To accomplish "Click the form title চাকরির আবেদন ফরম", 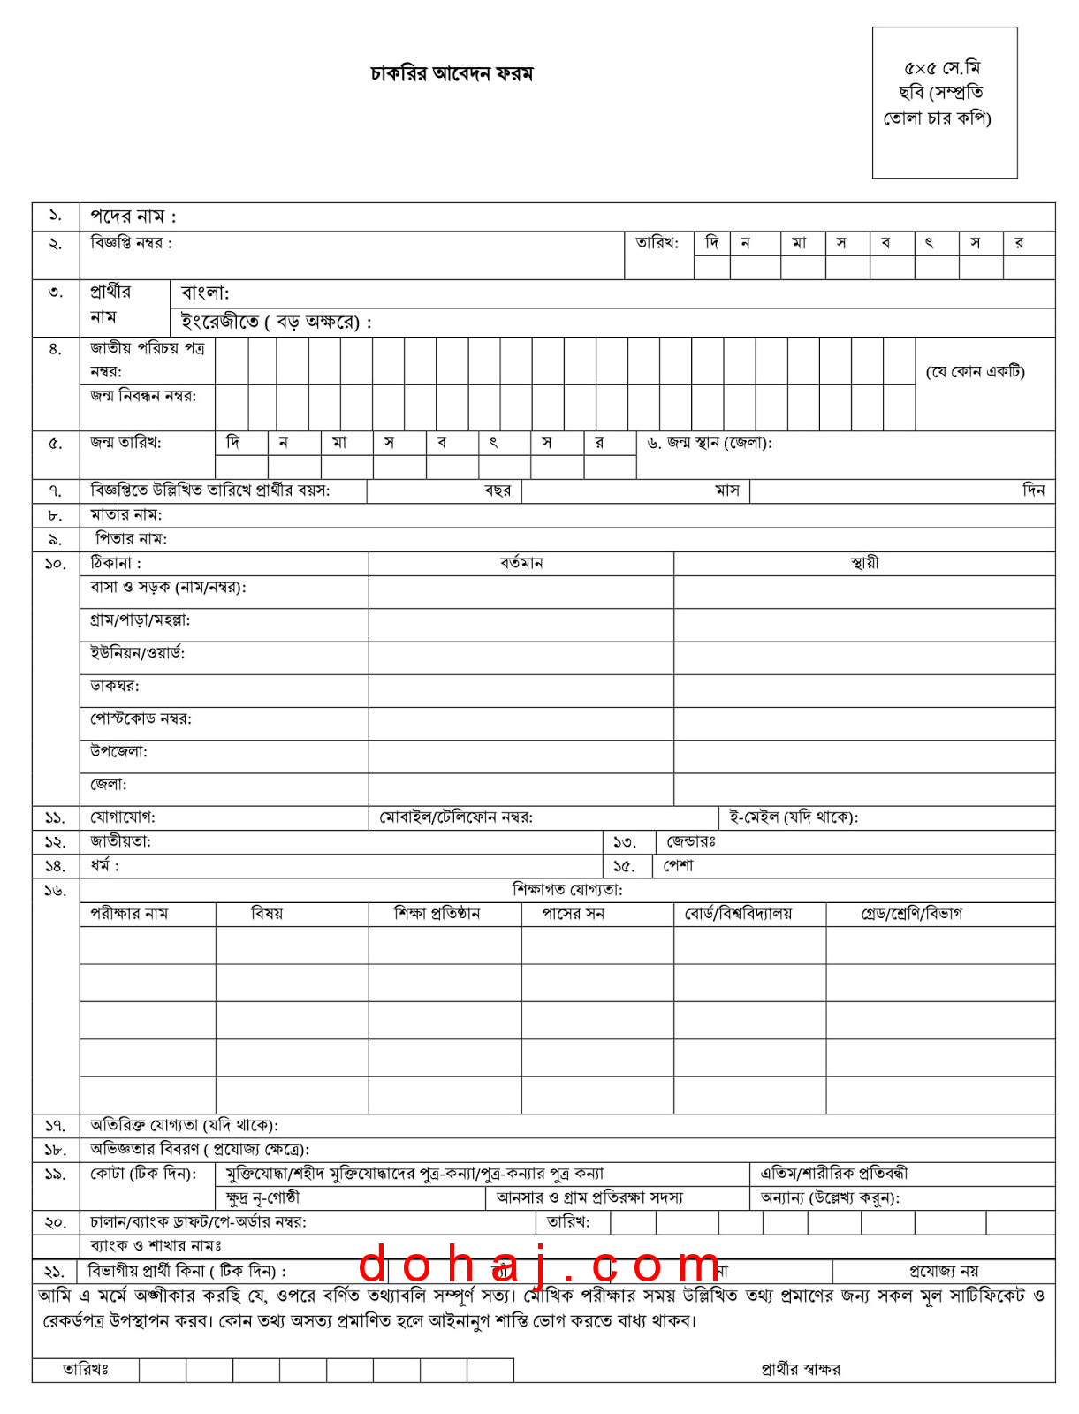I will (452, 73).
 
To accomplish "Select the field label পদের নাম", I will (133, 217).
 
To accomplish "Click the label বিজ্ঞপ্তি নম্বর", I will (131, 243).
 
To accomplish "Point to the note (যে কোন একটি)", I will (975, 372).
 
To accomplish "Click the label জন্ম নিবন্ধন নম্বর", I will (143, 396).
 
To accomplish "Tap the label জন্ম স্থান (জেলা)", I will (710, 443).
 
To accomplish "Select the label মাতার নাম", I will (126, 515).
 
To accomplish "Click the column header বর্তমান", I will (521, 564).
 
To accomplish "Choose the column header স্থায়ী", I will (864, 564).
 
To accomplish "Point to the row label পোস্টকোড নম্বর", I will (141, 719).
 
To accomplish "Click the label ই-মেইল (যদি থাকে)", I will (793, 817).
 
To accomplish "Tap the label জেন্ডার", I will (691, 842).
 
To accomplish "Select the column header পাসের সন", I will (574, 914).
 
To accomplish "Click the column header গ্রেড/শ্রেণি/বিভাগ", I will (912, 914).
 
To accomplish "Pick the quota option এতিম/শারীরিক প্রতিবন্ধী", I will (833, 1174).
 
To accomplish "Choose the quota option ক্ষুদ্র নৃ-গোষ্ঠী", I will (262, 1198).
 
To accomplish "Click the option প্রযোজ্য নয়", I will (944, 1272).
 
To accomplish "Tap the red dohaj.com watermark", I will (540, 1266).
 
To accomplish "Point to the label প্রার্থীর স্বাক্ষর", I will (801, 1369).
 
